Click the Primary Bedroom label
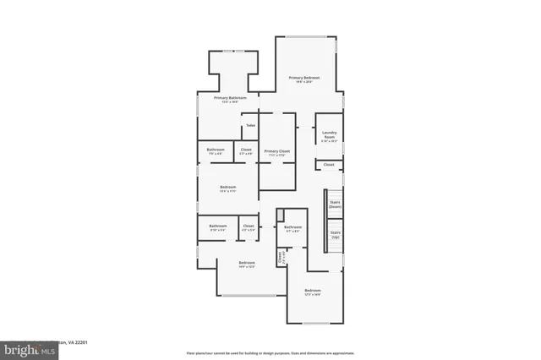(305, 77)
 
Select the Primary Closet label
(276, 150)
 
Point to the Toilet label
(250, 126)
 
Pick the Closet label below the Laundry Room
(329, 164)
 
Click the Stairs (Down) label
(335, 205)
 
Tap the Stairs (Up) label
(336, 234)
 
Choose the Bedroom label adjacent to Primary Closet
(228, 187)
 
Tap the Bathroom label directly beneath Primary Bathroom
(216, 150)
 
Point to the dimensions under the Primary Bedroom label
(305, 82)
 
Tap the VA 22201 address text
(77, 342)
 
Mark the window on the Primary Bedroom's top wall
(305, 37)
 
